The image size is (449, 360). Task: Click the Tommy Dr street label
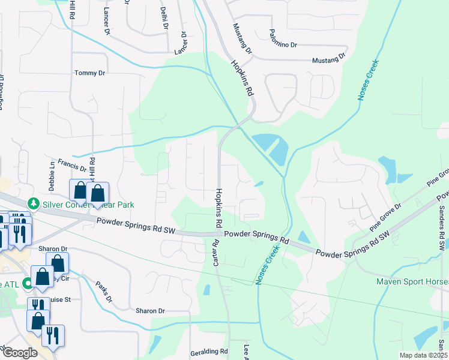pos(89,73)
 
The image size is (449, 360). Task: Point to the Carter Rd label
pos(215,252)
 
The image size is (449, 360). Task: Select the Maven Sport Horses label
pos(412,281)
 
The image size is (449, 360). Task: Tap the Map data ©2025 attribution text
pos(423,355)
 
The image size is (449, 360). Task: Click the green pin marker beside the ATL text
pos(26,283)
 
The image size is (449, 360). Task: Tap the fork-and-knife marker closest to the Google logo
pos(53,337)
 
